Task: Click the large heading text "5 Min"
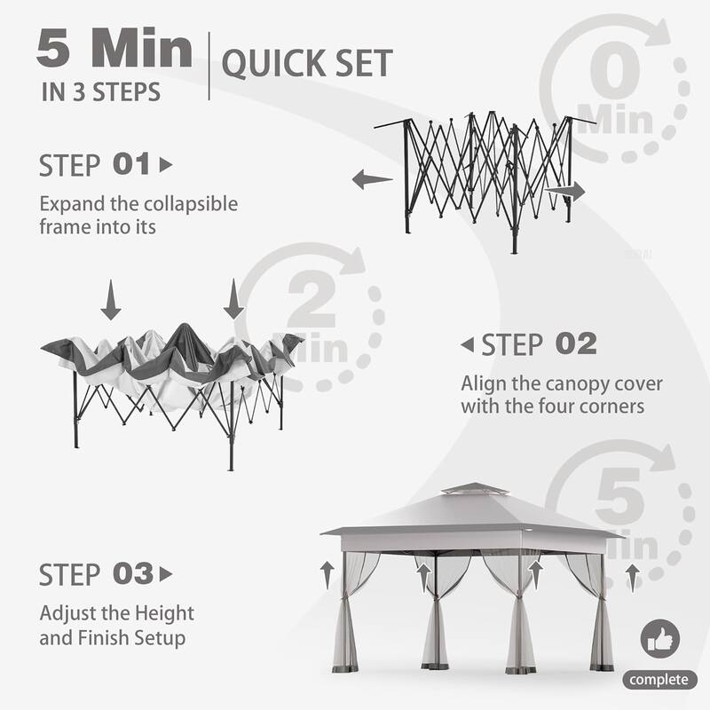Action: point(114,51)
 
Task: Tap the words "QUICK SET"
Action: point(305,64)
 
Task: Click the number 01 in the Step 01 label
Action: point(132,164)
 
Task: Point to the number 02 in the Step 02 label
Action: point(575,343)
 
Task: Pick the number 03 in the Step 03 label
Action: point(133,574)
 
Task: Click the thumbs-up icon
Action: point(660,639)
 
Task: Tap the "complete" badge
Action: point(658,680)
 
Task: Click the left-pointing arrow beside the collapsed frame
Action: point(372,180)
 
